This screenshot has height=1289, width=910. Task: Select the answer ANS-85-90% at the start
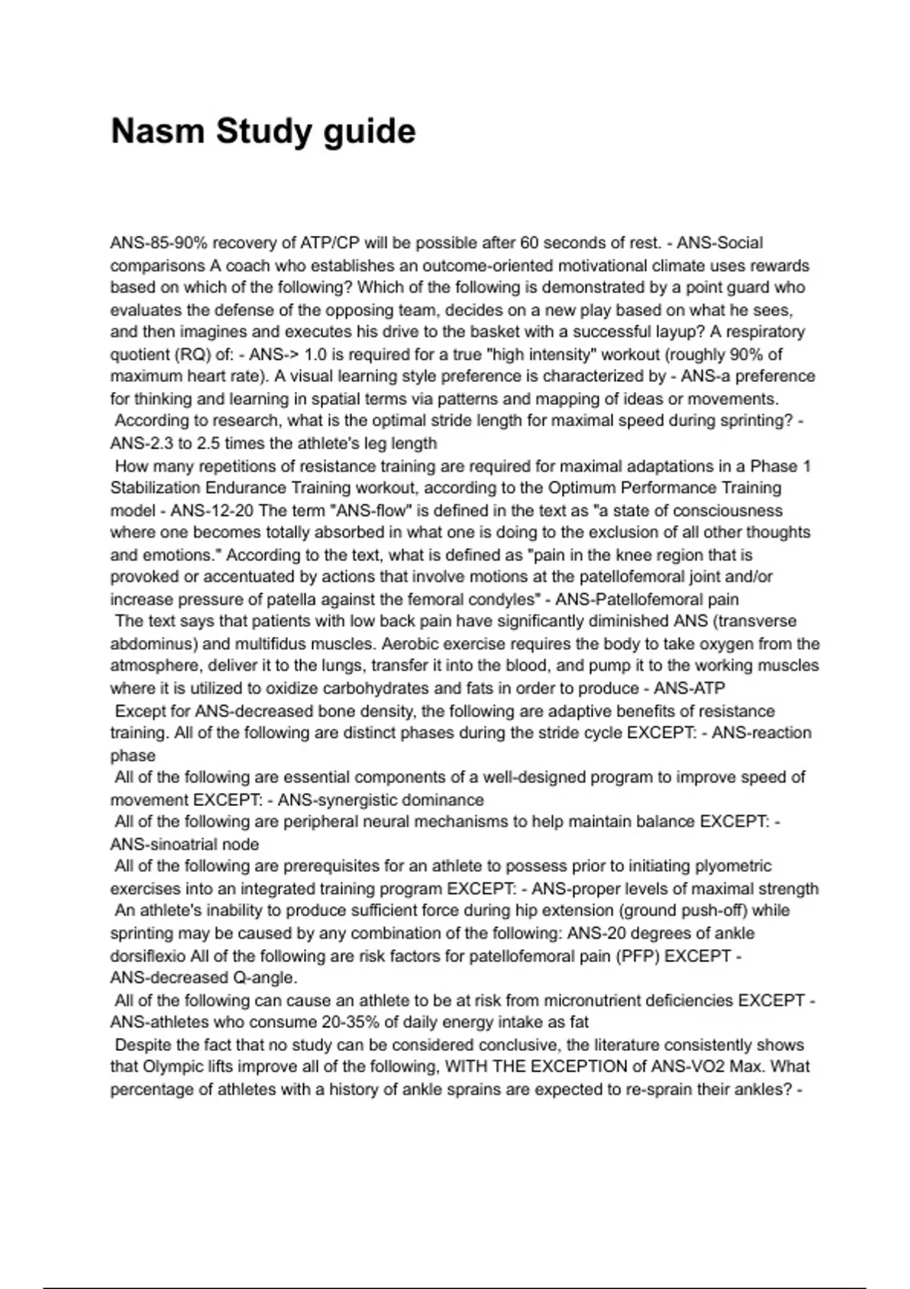(x=156, y=243)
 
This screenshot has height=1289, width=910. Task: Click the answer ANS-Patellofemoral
(x=621, y=600)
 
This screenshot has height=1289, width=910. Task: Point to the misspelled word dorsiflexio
(x=148, y=956)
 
